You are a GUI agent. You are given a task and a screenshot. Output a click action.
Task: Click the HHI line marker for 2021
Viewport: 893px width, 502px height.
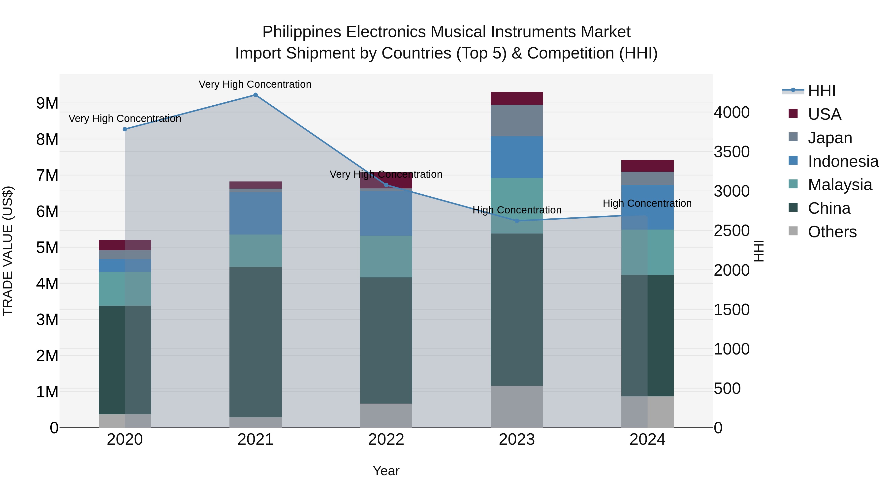click(255, 95)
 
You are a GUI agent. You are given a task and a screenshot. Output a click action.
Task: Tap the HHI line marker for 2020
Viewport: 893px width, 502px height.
click(125, 129)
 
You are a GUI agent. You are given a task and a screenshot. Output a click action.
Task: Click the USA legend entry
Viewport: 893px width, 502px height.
click(824, 114)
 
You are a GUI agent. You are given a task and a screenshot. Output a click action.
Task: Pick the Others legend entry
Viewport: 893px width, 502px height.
click(832, 232)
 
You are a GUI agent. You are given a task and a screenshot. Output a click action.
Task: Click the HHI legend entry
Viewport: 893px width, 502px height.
click(821, 91)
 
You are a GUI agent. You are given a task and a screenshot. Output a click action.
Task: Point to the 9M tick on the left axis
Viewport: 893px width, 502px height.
click(47, 103)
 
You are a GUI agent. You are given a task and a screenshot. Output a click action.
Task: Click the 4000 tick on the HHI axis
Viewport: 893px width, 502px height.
click(732, 112)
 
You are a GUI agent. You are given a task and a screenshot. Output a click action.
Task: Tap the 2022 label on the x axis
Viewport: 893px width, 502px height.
click(386, 440)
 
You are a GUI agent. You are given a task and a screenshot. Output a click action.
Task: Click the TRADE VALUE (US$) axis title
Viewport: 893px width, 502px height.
click(8, 251)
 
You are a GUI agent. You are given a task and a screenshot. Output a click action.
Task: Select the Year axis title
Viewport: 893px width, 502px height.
click(386, 471)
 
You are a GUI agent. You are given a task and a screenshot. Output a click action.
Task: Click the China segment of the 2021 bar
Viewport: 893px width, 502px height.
click(255, 342)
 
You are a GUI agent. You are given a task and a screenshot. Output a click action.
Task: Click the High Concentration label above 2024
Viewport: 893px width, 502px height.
click(647, 203)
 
